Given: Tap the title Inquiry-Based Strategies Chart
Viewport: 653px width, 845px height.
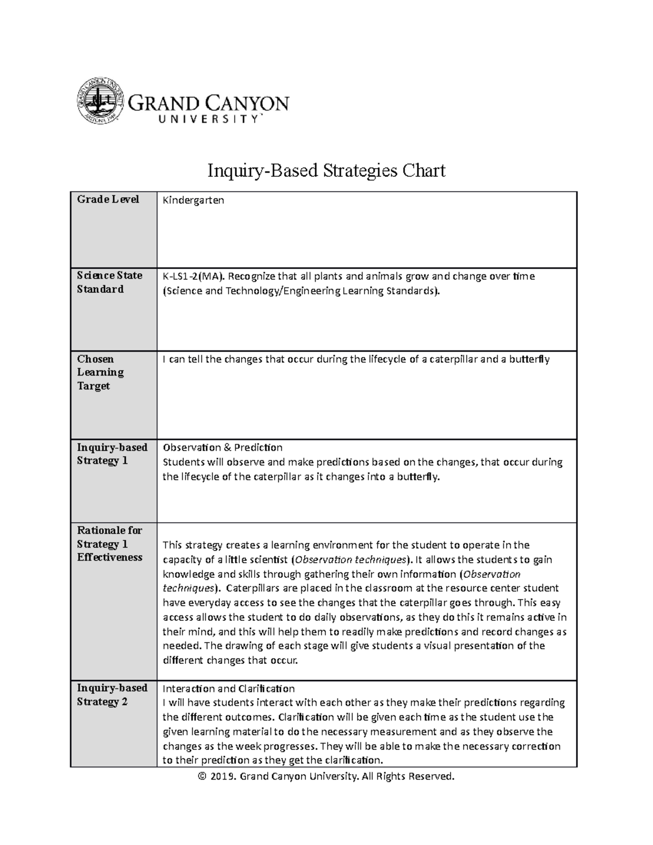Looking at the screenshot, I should (326, 171).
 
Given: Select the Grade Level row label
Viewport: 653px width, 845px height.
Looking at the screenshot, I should (108, 199).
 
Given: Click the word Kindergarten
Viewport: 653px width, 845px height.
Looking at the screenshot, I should (193, 200).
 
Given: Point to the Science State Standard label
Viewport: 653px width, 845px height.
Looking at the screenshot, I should (109, 282).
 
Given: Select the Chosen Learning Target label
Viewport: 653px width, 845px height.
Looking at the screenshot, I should (101, 372).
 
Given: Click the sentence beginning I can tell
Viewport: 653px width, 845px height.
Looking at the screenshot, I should (356, 359).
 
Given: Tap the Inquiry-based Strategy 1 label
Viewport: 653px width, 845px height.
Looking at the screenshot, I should (112, 454).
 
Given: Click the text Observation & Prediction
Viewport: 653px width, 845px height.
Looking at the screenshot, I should (223, 447).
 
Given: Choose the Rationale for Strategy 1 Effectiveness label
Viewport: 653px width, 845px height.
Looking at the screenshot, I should (109, 544).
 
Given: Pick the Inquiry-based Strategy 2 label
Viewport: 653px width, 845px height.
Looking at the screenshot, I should (112, 695).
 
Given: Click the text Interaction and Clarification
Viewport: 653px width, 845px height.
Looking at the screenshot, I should (229, 688).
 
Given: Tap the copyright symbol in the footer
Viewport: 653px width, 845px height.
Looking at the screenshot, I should (203, 776).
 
